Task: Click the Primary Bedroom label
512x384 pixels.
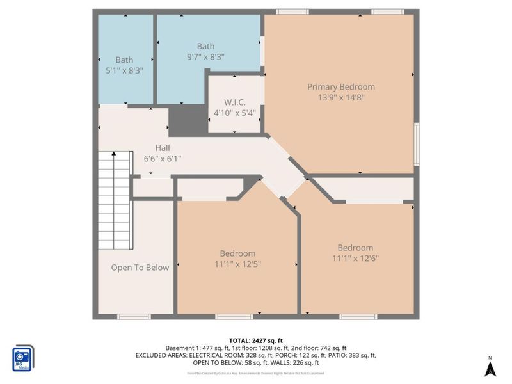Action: (x=340, y=87)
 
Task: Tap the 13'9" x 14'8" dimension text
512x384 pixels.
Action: (x=340, y=98)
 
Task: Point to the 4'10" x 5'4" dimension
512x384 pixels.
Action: (x=234, y=113)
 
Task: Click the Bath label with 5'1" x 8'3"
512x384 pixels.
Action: (x=124, y=60)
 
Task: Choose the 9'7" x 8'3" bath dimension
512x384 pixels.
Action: (x=205, y=56)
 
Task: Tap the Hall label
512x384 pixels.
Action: (x=152, y=148)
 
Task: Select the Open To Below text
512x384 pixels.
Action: (x=140, y=268)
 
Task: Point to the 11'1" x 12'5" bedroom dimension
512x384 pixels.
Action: (x=237, y=264)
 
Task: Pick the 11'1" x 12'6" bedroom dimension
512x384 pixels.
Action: (x=355, y=259)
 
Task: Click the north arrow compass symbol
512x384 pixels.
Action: (x=490, y=367)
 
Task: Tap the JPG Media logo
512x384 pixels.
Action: (x=23, y=357)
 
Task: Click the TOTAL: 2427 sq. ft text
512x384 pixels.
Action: (x=256, y=340)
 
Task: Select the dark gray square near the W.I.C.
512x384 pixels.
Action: (x=186, y=121)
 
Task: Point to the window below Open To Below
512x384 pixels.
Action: (x=134, y=316)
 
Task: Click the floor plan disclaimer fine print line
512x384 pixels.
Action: (x=256, y=372)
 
